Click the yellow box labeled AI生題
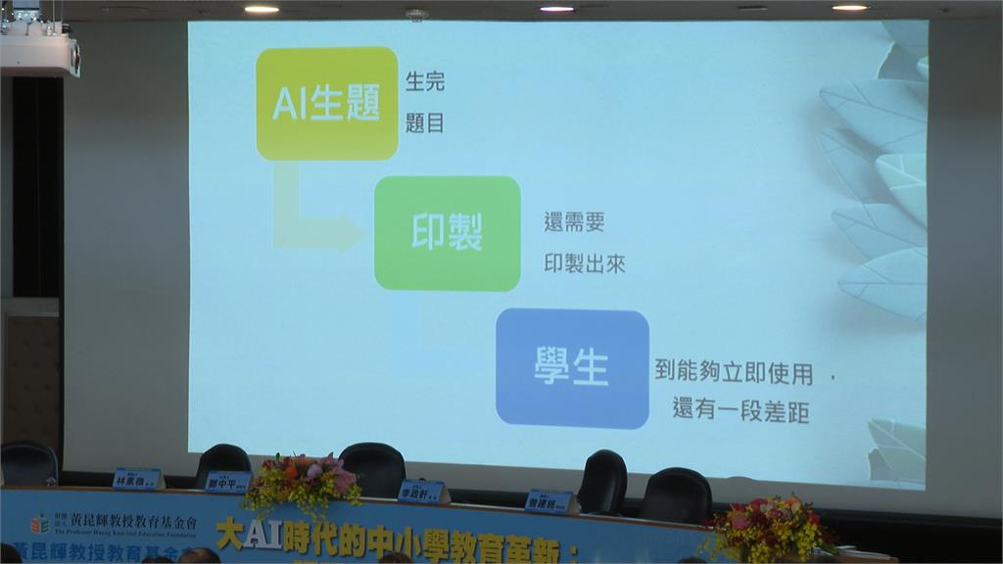327,103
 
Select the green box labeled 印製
447,233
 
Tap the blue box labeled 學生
572,367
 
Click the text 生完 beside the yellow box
425,82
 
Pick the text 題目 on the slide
425,123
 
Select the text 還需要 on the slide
574,221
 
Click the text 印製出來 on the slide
585,263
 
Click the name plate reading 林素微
136,479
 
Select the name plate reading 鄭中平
228,481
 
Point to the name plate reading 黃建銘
549,501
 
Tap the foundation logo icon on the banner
39,524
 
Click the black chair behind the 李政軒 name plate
373,467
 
